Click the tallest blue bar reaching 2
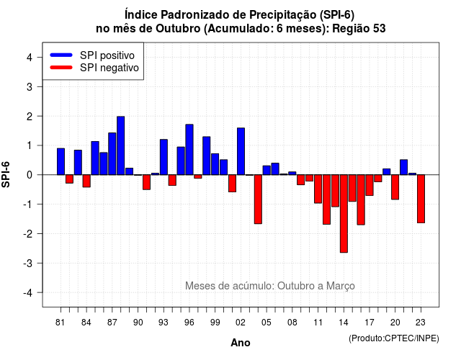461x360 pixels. (x=120, y=145)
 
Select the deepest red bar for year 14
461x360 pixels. (x=344, y=213)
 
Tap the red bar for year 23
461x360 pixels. (x=421, y=199)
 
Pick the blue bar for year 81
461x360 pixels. (x=61, y=161)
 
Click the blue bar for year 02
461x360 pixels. (x=241, y=151)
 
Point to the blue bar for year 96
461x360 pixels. (x=189, y=150)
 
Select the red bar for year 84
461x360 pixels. (x=86, y=181)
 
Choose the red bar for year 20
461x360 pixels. (x=395, y=187)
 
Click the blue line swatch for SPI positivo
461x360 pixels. (x=61, y=55)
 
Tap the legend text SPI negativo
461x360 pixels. (x=109, y=68)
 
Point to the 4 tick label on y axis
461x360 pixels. (x=30, y=58)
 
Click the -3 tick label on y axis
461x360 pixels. (x=27, y=263)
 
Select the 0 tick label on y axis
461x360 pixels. (x=30, y=175)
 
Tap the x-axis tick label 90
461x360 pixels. (x=138, y=323)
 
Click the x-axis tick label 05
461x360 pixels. (x=267, y=323)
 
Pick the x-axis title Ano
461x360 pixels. (x=241, y=343)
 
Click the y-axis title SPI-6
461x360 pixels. (x=6, y=174)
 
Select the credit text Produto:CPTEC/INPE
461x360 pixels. (x=394, y=338)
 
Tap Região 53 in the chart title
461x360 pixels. (x=359, y=29)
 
